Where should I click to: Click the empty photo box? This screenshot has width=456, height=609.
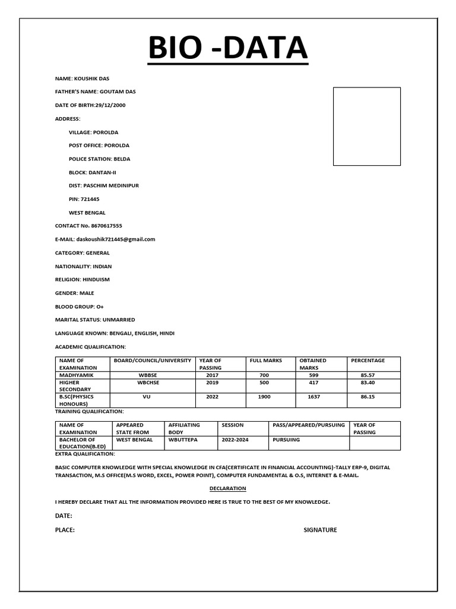coord(366,126)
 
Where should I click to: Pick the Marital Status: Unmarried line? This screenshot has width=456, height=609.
coord(95,319)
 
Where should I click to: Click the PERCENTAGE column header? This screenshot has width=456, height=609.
coord(368,360)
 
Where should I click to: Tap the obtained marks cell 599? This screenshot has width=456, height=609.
coord(313,375)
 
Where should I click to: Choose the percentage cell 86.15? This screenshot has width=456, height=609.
coord(368,397)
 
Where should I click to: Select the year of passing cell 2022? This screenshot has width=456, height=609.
coord(212,397)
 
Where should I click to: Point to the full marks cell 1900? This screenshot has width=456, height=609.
coord(264,397)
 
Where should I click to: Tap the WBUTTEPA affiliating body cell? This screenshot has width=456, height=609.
coord(184,440)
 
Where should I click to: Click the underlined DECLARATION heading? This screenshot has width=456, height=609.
coord(228,488)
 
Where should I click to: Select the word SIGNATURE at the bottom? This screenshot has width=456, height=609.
coord(320,530)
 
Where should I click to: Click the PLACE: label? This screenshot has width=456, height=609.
coord(65,530)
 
